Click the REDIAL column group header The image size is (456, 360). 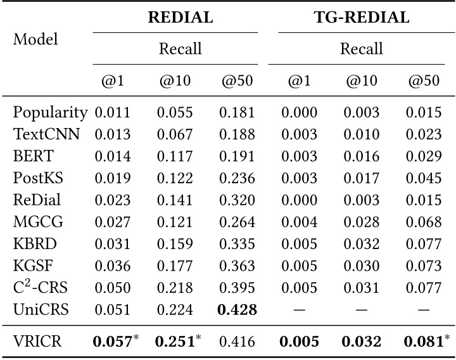(x=180, y=18)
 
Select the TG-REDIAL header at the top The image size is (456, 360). (x=362, y=18)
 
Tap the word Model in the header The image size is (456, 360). (x=35, y=39)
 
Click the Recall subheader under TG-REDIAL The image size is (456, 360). (x=362, y=48)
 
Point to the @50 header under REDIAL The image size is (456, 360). (x=237, y=80)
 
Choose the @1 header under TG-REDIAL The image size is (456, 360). (x=300, y=80)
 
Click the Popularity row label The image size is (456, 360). (x=50, y=113)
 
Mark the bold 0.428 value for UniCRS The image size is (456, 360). (x=237, y=310)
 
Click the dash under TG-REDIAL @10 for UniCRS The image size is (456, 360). (x=362, y=310)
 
